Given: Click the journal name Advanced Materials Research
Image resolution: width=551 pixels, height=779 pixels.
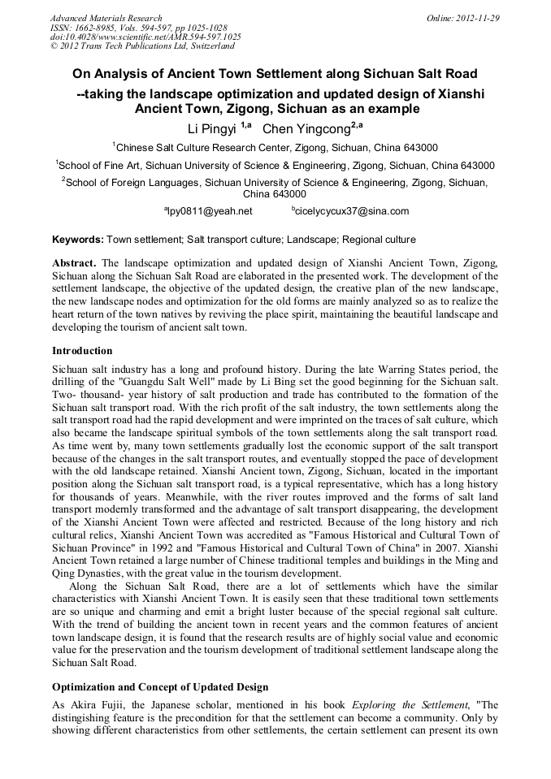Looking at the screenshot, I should pos(106,18).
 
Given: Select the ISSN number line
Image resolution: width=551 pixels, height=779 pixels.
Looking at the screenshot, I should pos(139,28).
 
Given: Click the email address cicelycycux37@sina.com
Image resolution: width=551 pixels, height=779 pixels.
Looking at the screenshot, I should pos(350,211).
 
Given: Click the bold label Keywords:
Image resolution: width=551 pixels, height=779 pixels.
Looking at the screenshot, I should pos(78,240).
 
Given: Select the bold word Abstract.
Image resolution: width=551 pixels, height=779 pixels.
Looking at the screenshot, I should pos(75,265).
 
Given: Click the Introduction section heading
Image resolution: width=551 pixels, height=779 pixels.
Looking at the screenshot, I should pos(82,351).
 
